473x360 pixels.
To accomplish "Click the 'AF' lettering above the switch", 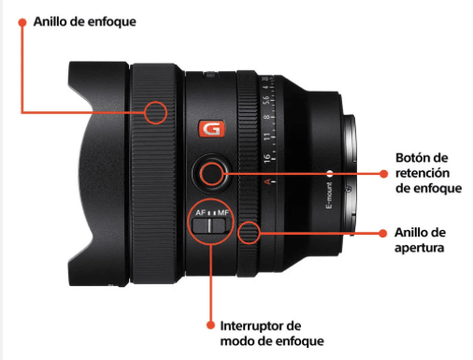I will (200, 213).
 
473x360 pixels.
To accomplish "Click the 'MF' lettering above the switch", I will (224, 213).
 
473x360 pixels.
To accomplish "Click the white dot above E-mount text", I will (329, 173).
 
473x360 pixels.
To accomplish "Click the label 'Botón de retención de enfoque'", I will (429, 174).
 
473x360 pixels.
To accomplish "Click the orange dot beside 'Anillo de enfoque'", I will (20, 20).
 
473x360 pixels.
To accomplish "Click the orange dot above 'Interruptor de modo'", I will (212, 324).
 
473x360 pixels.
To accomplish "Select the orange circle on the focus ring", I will (155, 113).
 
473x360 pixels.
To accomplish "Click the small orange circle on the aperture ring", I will (248, 232).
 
